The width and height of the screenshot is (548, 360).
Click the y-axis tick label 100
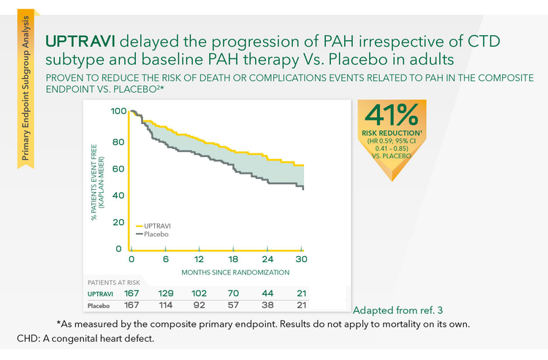pyautogui.click(x=118, y=112)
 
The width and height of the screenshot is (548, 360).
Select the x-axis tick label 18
pyautogui.click(x=233, y=260)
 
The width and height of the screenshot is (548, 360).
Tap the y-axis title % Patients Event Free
pyautogui.click(x=96, y=179)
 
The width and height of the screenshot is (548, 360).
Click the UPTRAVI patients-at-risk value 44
pyautogui.click(x=267, y=293)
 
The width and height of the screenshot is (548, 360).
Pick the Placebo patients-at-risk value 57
pyautogui.click(x=233, y=305)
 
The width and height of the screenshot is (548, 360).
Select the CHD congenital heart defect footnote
pyautogui.click(x=85, y=340)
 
